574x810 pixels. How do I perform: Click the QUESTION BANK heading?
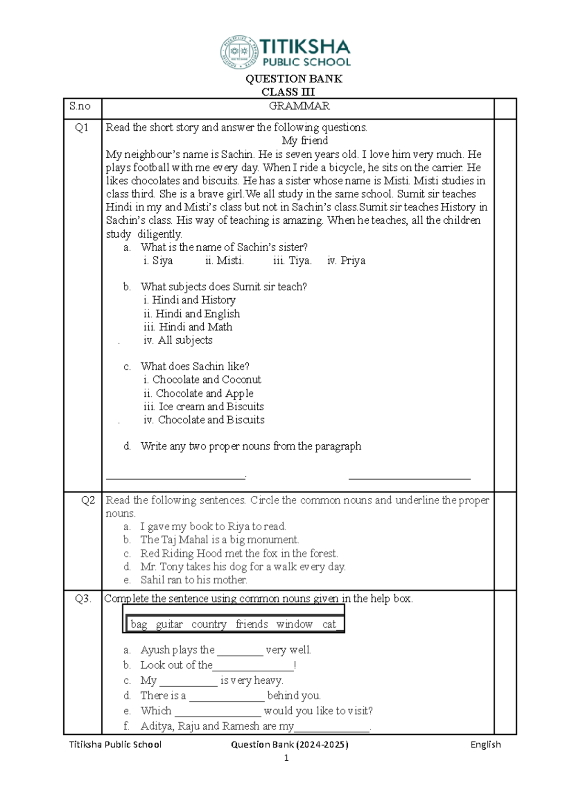click(294, 79)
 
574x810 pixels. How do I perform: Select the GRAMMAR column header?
click(299, 106)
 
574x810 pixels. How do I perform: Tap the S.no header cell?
click(80, 106)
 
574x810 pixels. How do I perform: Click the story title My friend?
click(305, 141)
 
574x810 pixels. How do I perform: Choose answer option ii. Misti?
click(224, 261)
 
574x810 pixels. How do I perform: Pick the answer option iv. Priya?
click(346, 261)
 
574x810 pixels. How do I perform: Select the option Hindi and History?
click(190, 300)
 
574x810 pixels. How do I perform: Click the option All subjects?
click(178, 340)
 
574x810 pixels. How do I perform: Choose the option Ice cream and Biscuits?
click(204, 406)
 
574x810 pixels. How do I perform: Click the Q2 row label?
click(88, 500)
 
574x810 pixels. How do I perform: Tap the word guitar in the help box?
click(169, 624)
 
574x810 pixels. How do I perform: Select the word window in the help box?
click(294, 624)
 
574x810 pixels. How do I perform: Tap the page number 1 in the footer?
click(286, 758)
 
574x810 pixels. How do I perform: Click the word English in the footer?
click(486, 744)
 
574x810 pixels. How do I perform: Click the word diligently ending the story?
click(159, 234)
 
